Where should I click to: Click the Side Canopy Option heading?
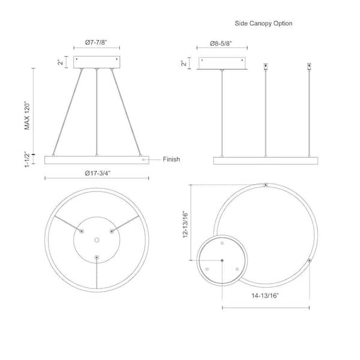[x=263, y=23]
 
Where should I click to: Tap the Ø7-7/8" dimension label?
[x=96, y=43]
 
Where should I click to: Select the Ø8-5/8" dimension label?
[x=221, y=43]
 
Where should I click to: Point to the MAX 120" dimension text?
[x=27, y=116]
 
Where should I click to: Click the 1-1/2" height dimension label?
[x=27, y=160]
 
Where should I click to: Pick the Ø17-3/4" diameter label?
[x=98, y=173]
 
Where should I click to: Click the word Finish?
[x=171, y=160]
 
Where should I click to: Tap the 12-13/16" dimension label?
[x=185, y=224]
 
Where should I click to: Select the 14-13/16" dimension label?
[x=265, y=295]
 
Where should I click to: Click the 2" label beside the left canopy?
[x=60, y=62]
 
